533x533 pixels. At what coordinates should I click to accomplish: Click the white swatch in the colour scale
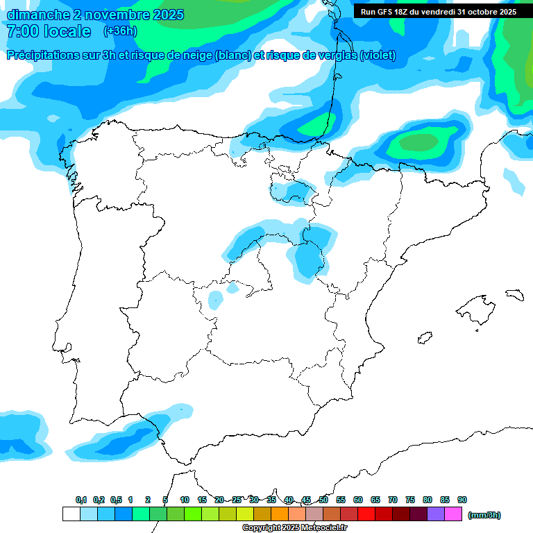(71, 514)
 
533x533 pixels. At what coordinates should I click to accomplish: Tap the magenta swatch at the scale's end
(453, 514)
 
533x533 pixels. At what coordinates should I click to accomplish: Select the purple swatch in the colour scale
(436, 514)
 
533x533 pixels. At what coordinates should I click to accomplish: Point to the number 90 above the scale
(462, 500)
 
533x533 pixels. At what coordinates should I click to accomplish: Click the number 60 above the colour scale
(358, 500)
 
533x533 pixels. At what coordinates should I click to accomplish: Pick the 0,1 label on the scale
(81, 500)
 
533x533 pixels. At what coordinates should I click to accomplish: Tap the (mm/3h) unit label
(484, 515)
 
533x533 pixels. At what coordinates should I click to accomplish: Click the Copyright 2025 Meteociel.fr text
(294, 528)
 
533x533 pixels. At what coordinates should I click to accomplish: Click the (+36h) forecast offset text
(120, 31)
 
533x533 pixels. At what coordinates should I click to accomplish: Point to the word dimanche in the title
(39, 14)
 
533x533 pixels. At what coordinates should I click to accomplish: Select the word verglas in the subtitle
(336, 56)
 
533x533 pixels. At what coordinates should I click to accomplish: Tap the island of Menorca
(514, 294)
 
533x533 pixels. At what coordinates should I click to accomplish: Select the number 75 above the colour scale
(410, 500)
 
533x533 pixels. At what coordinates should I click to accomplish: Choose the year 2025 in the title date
(167, 14)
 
